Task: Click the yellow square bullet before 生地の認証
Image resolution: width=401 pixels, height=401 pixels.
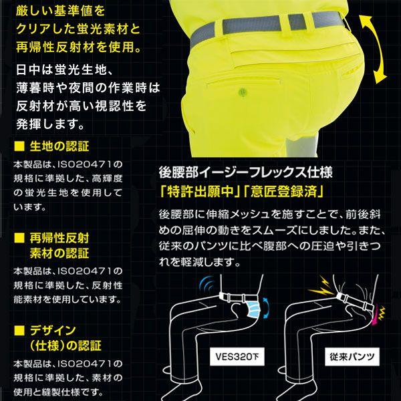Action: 18,146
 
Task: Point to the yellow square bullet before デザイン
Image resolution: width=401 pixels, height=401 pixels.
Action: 18,331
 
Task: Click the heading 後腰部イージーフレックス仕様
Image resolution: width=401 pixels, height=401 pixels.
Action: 244,170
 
